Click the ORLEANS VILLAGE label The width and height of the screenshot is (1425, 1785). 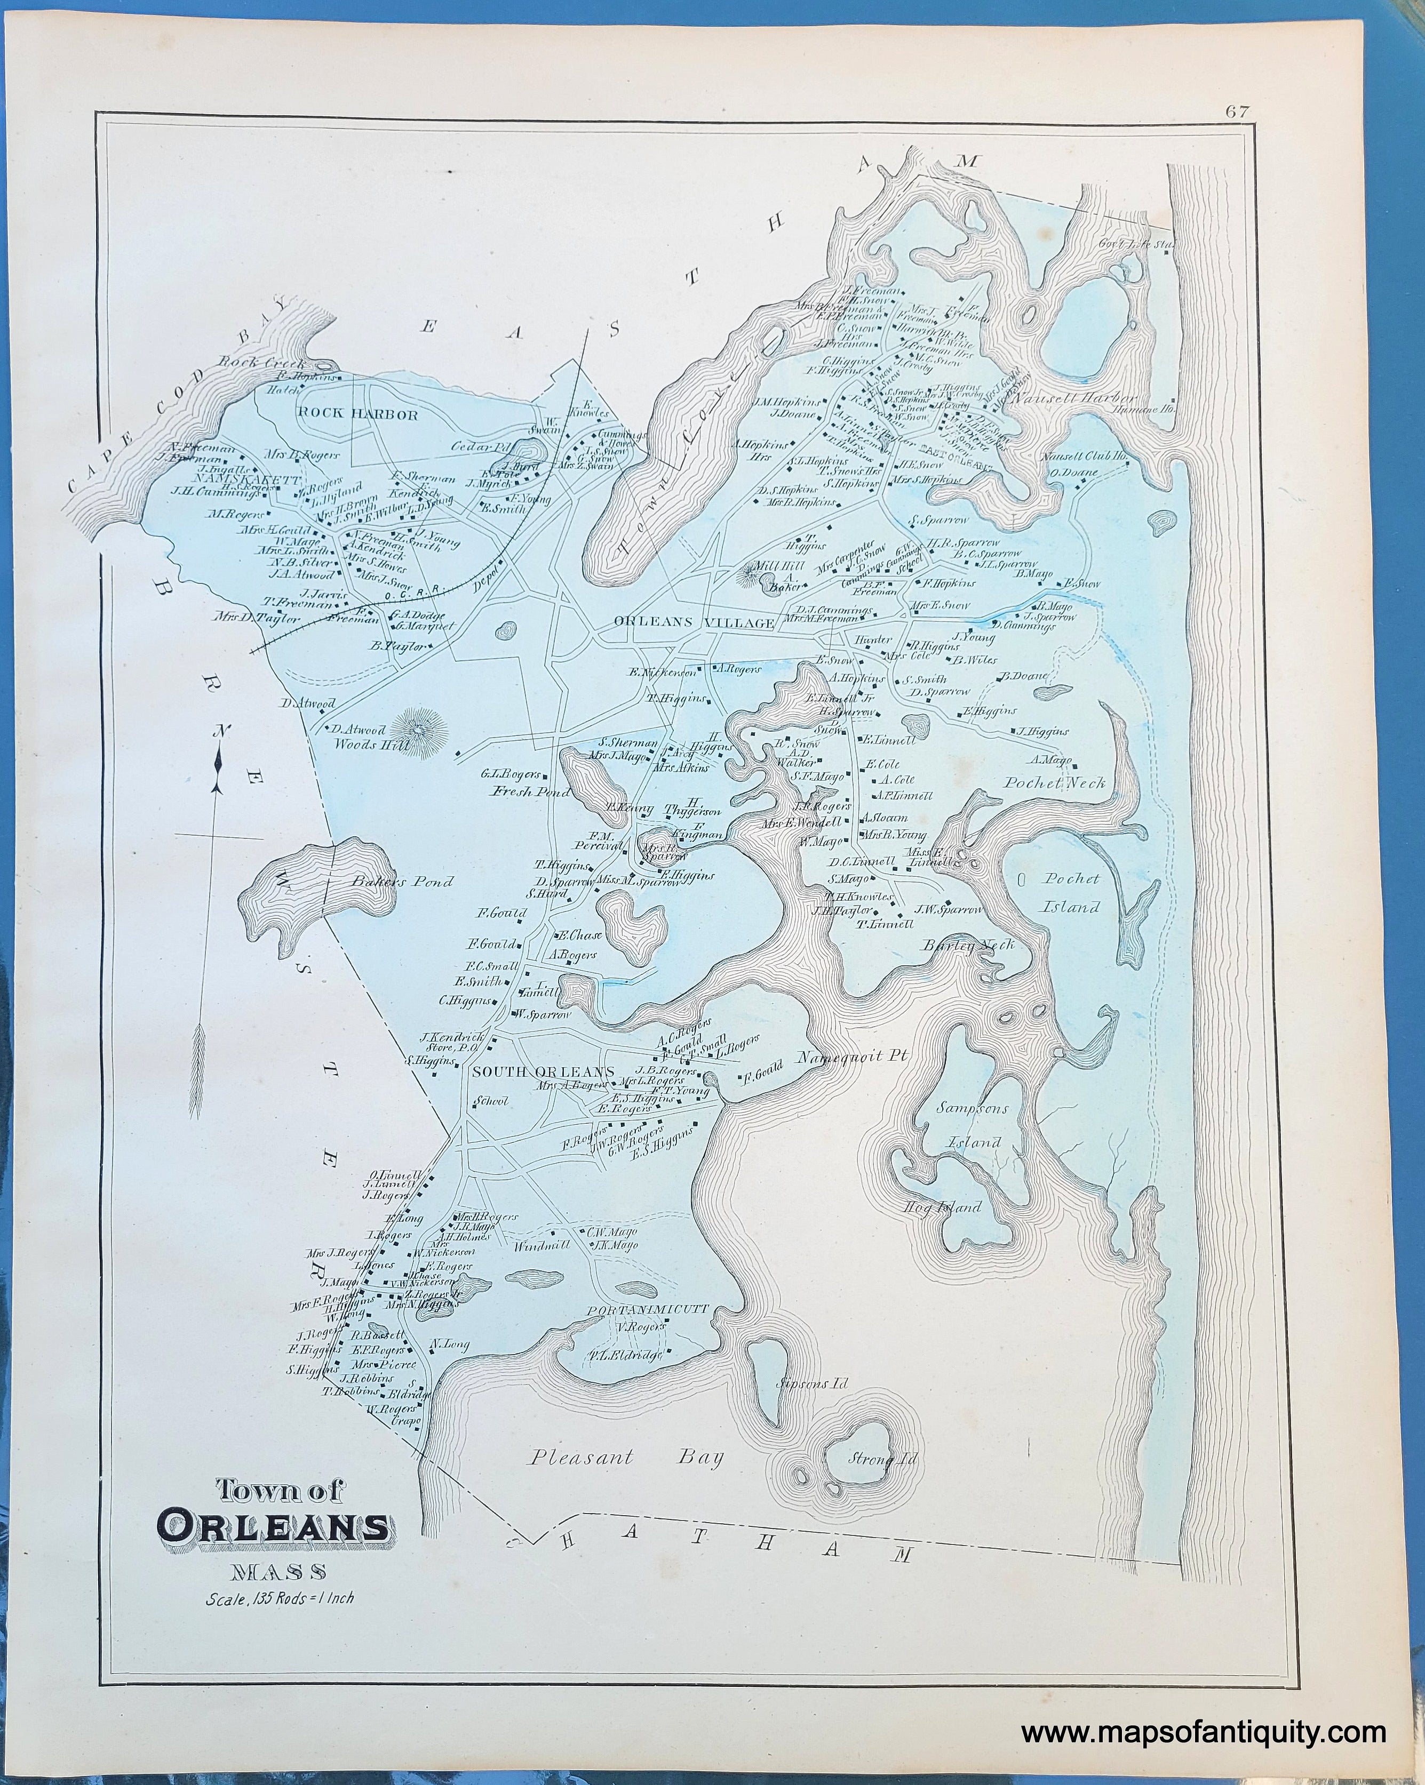point(694,622)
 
